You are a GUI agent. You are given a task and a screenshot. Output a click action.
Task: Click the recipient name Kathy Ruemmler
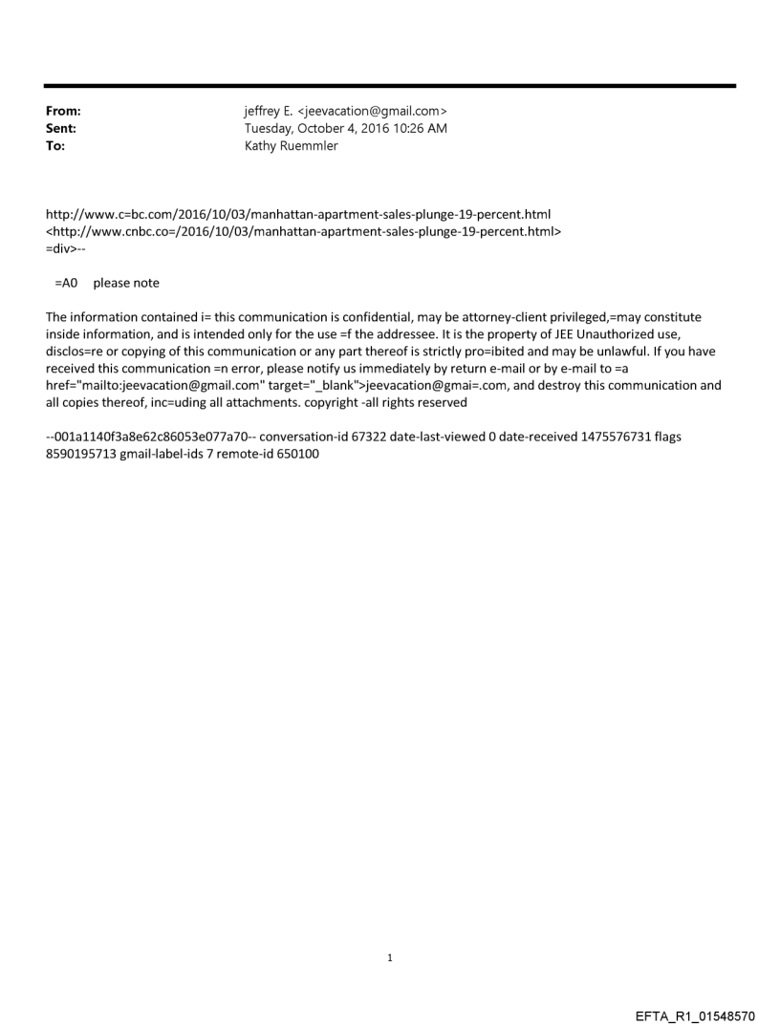pyautogui.click(x=292, y=145)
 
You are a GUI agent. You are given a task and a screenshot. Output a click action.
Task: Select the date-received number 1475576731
pyautogui.click(x=617, y=438)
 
